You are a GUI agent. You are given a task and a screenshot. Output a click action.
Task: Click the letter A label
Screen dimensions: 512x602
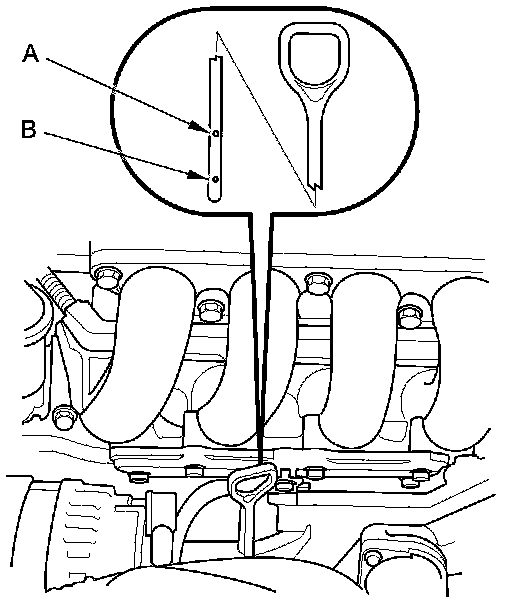pos(31,53)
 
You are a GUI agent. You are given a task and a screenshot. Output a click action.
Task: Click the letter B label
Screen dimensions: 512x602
pos(29,129)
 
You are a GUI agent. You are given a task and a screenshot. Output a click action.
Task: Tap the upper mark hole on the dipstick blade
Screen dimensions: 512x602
pos(215,133)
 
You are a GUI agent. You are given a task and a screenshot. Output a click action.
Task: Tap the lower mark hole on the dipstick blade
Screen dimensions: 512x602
pos(215,179)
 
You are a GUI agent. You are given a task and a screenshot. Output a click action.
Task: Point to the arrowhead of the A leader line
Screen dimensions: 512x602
pos(199,127)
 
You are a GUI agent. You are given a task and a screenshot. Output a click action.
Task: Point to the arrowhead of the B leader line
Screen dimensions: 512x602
pos(199,175)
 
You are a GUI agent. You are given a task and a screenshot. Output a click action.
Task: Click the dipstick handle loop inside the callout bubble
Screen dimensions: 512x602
pos(314,60)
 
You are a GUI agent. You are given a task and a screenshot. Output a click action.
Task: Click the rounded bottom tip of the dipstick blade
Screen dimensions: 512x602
pos(215,197)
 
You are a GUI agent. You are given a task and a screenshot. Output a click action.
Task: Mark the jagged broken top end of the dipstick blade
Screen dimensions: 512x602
pos(215,58)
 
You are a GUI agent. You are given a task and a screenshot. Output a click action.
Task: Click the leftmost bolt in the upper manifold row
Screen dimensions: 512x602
pos(107,277)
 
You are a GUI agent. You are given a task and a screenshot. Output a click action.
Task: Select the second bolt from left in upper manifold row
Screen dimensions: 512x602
pos(210,306)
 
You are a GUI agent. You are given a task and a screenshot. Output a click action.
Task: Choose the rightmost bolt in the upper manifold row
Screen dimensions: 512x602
pos(411,311)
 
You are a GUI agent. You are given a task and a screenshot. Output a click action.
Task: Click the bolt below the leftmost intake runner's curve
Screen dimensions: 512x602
pos(64,417)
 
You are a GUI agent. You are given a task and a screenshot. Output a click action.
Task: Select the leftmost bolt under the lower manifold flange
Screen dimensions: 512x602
pos(139,477)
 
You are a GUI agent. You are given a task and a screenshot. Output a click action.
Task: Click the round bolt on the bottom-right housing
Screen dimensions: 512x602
pos(372,557)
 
